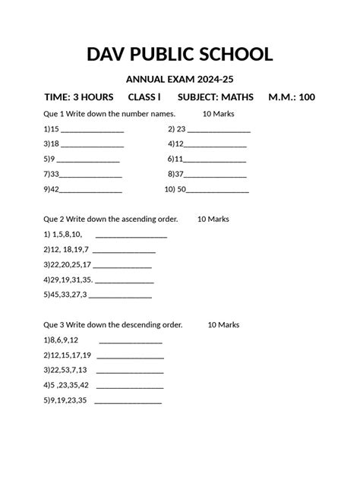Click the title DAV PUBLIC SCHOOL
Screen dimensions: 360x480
tap(180, 55)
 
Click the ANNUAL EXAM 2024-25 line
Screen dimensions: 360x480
tap(179, 81)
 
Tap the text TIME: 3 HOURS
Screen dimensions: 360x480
tap(79, 97)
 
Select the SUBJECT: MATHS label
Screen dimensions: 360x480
tap(216, 97)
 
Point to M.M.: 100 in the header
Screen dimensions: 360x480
tap(292, 97)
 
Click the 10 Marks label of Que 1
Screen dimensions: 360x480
tap(219, 113)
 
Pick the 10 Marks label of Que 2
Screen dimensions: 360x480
tap(213, 219)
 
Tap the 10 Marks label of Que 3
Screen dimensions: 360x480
tap(223, 324)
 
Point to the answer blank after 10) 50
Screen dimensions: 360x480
tap(218, 191)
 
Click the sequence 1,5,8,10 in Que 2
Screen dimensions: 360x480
tap(67, 234)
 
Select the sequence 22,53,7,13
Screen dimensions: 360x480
tap(69, 370)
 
